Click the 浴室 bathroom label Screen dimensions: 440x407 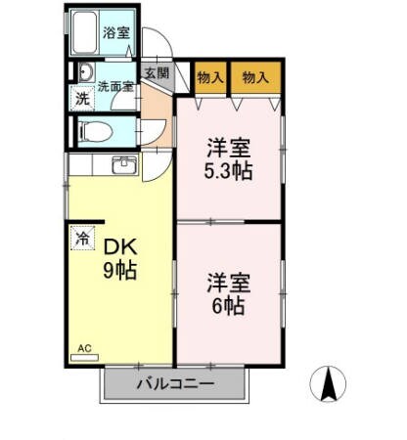point(117,32)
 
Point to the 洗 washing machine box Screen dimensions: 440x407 point(83,98)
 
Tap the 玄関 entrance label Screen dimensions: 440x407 point(156,73)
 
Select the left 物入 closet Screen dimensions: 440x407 point(209,78)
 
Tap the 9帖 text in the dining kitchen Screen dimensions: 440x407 point(120,269)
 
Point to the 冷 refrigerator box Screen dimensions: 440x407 point(82,237)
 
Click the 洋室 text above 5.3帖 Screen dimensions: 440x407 point(229,150)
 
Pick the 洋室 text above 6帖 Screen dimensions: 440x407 point(229,284)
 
